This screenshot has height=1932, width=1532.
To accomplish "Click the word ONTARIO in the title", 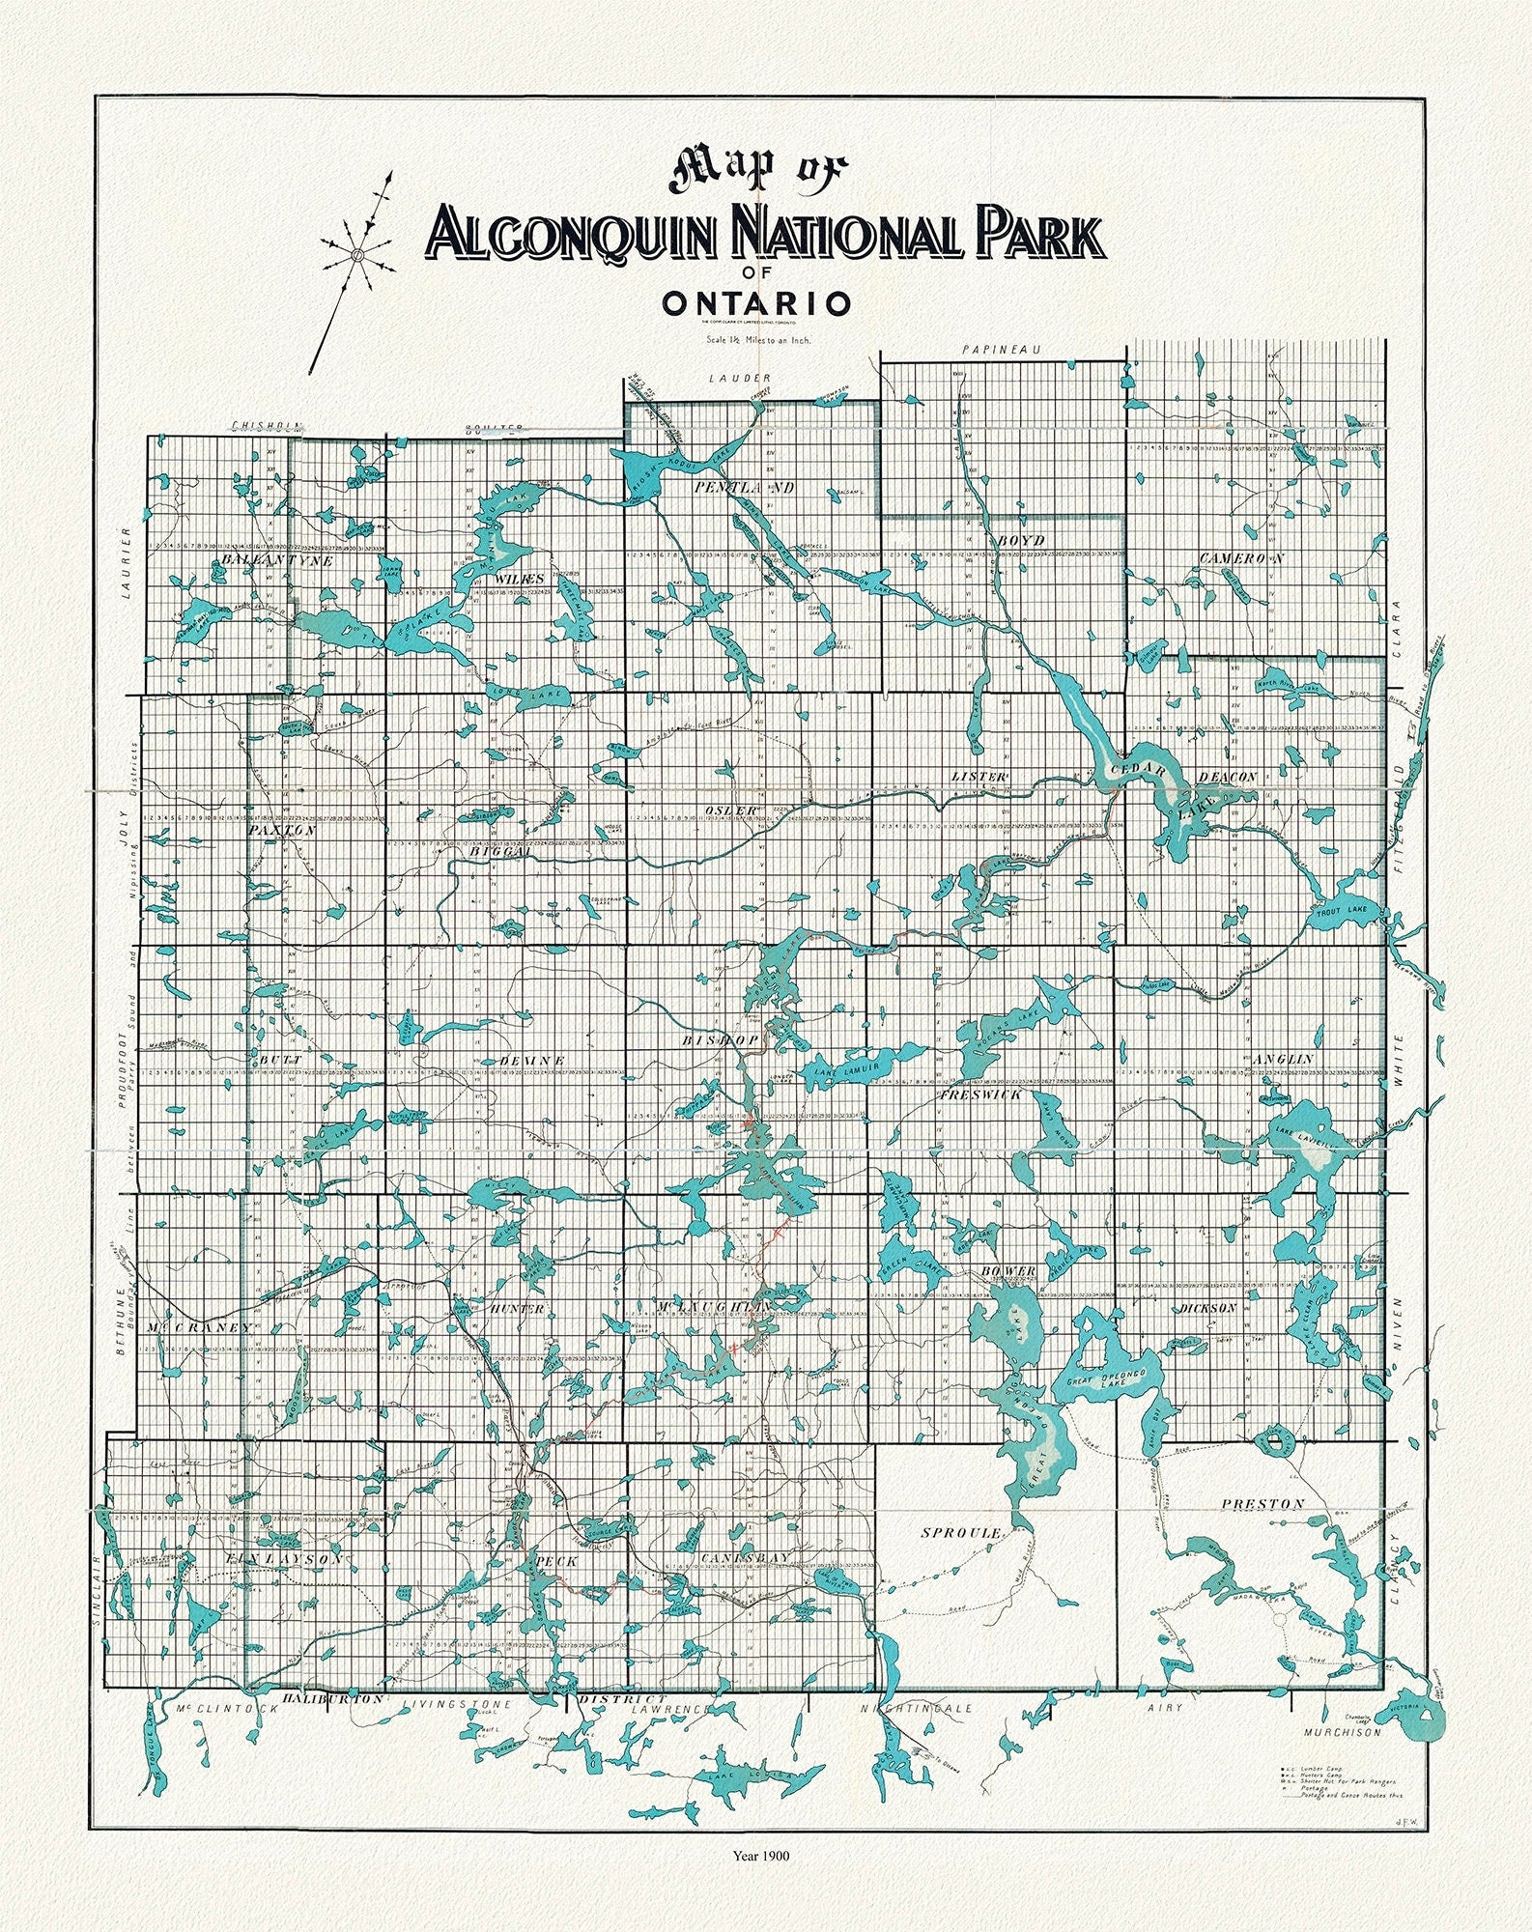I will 756,303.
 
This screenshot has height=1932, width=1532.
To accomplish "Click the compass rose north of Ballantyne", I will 355,255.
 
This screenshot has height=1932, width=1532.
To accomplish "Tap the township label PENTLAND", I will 743,489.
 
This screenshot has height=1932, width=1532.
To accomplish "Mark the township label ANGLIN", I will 1283,1059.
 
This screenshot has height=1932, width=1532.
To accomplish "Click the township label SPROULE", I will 958,1533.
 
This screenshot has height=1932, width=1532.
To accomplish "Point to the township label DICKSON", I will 1207,1308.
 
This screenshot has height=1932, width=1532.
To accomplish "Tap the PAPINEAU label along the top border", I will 997,349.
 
